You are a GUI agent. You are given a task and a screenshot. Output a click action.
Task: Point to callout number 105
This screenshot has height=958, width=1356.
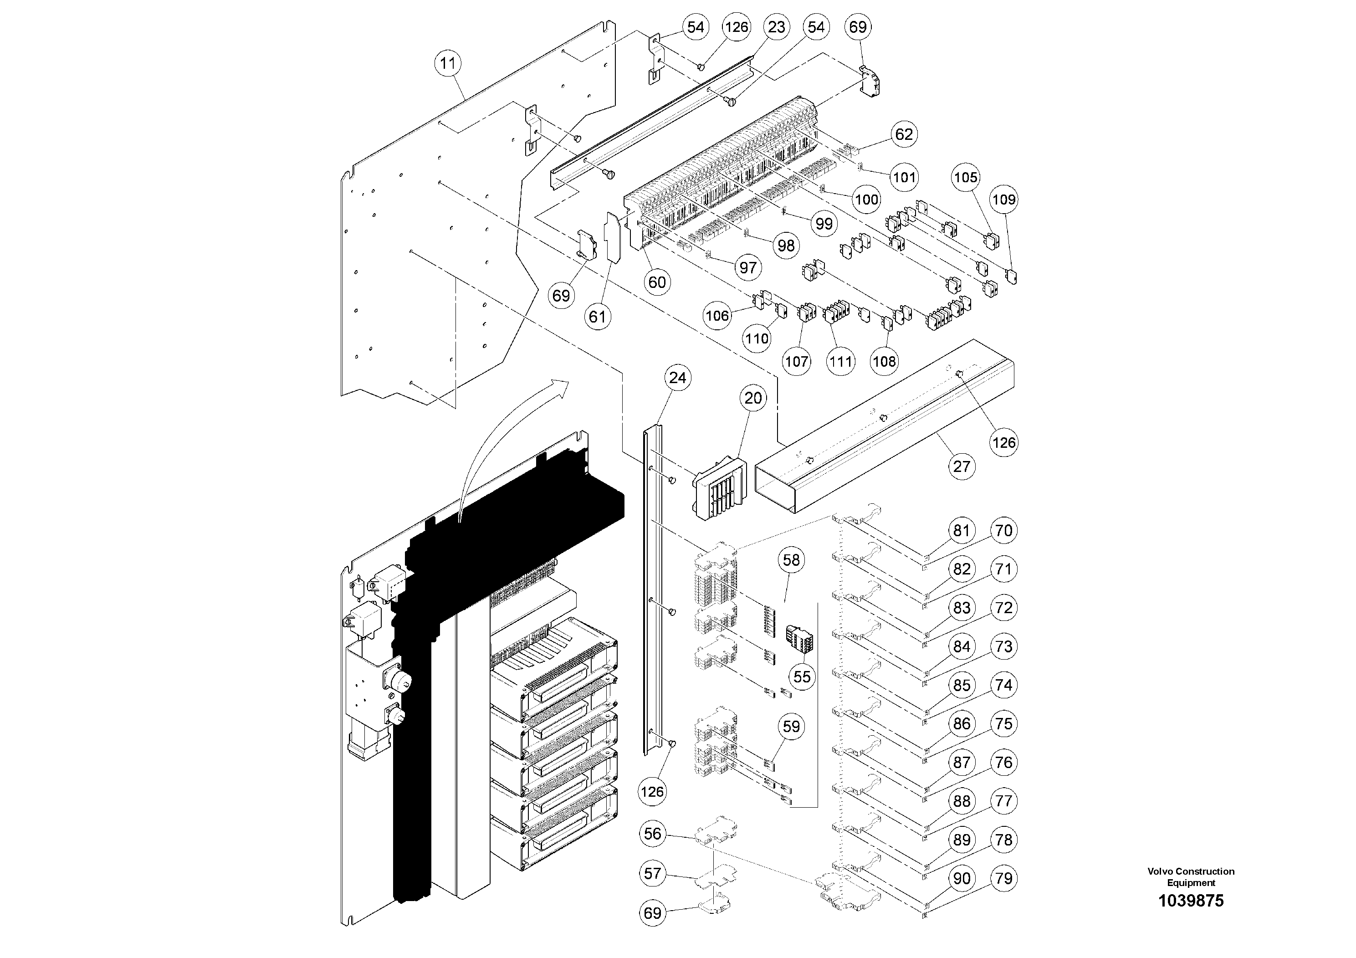pyautogui.click(x=966, y=177)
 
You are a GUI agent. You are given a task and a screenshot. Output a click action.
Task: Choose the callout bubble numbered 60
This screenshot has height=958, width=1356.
pyautogui.click(x=657, y=282)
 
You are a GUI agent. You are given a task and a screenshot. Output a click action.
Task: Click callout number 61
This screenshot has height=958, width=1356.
pyautogui.click(x=597, y=317)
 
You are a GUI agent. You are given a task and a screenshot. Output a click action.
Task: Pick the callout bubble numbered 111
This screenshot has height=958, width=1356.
pyautogui.click(x=840, y=361)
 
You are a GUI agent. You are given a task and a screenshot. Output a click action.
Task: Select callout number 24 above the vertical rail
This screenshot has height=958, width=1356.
pyautogui.click(x=677, y=377)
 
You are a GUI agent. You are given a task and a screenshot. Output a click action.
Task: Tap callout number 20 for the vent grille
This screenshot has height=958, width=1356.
pyautogui.click(x=753, y=398)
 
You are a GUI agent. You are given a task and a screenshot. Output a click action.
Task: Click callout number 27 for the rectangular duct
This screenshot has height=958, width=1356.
pyautogui.click(x=962, y=466)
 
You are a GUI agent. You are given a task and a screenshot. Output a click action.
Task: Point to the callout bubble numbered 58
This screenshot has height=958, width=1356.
pyautogui.click(x=791, y=559)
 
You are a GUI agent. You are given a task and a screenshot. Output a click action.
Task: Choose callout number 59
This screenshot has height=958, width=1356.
pyautogui.click(x=791, y=727)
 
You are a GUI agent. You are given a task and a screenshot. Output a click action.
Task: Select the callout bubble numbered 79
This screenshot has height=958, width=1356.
pyautogui.click(x=1004, y=878)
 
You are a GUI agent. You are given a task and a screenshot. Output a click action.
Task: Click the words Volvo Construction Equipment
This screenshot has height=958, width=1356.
pyautogui.click(x=1191, y=876)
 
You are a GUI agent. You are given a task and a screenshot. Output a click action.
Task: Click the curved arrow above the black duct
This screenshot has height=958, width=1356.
pyautogui.click(x=502, y=437)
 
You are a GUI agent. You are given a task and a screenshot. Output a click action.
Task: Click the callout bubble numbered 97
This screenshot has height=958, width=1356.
pyautogui.click(x=747, y=267)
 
